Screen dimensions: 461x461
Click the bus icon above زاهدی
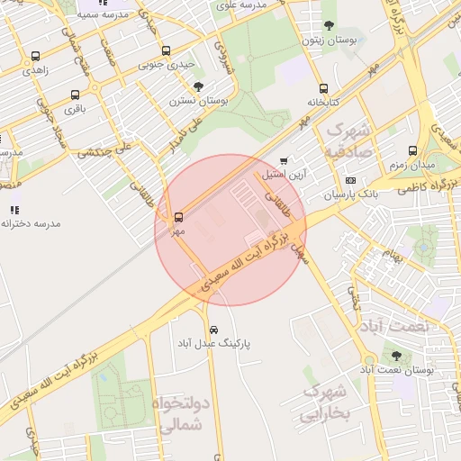tap(35, 56)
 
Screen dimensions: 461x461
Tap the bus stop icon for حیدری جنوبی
tap(165, 51)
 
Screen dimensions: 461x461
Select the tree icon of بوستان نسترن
tap(198, 86)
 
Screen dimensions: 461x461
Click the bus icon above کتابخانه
tap(322, 88)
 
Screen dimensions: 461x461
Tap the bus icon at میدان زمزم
tap(412, 150)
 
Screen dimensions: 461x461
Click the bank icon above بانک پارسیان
tap(350, 180)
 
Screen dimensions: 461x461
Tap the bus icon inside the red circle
tap(178, 217)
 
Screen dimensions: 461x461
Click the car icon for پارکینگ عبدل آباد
tap(213, 330)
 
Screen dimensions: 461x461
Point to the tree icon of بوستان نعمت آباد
tap(396, 356)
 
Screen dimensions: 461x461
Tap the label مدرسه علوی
tap(240, 5)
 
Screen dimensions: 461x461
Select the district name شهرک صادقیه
tap(345, 140)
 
